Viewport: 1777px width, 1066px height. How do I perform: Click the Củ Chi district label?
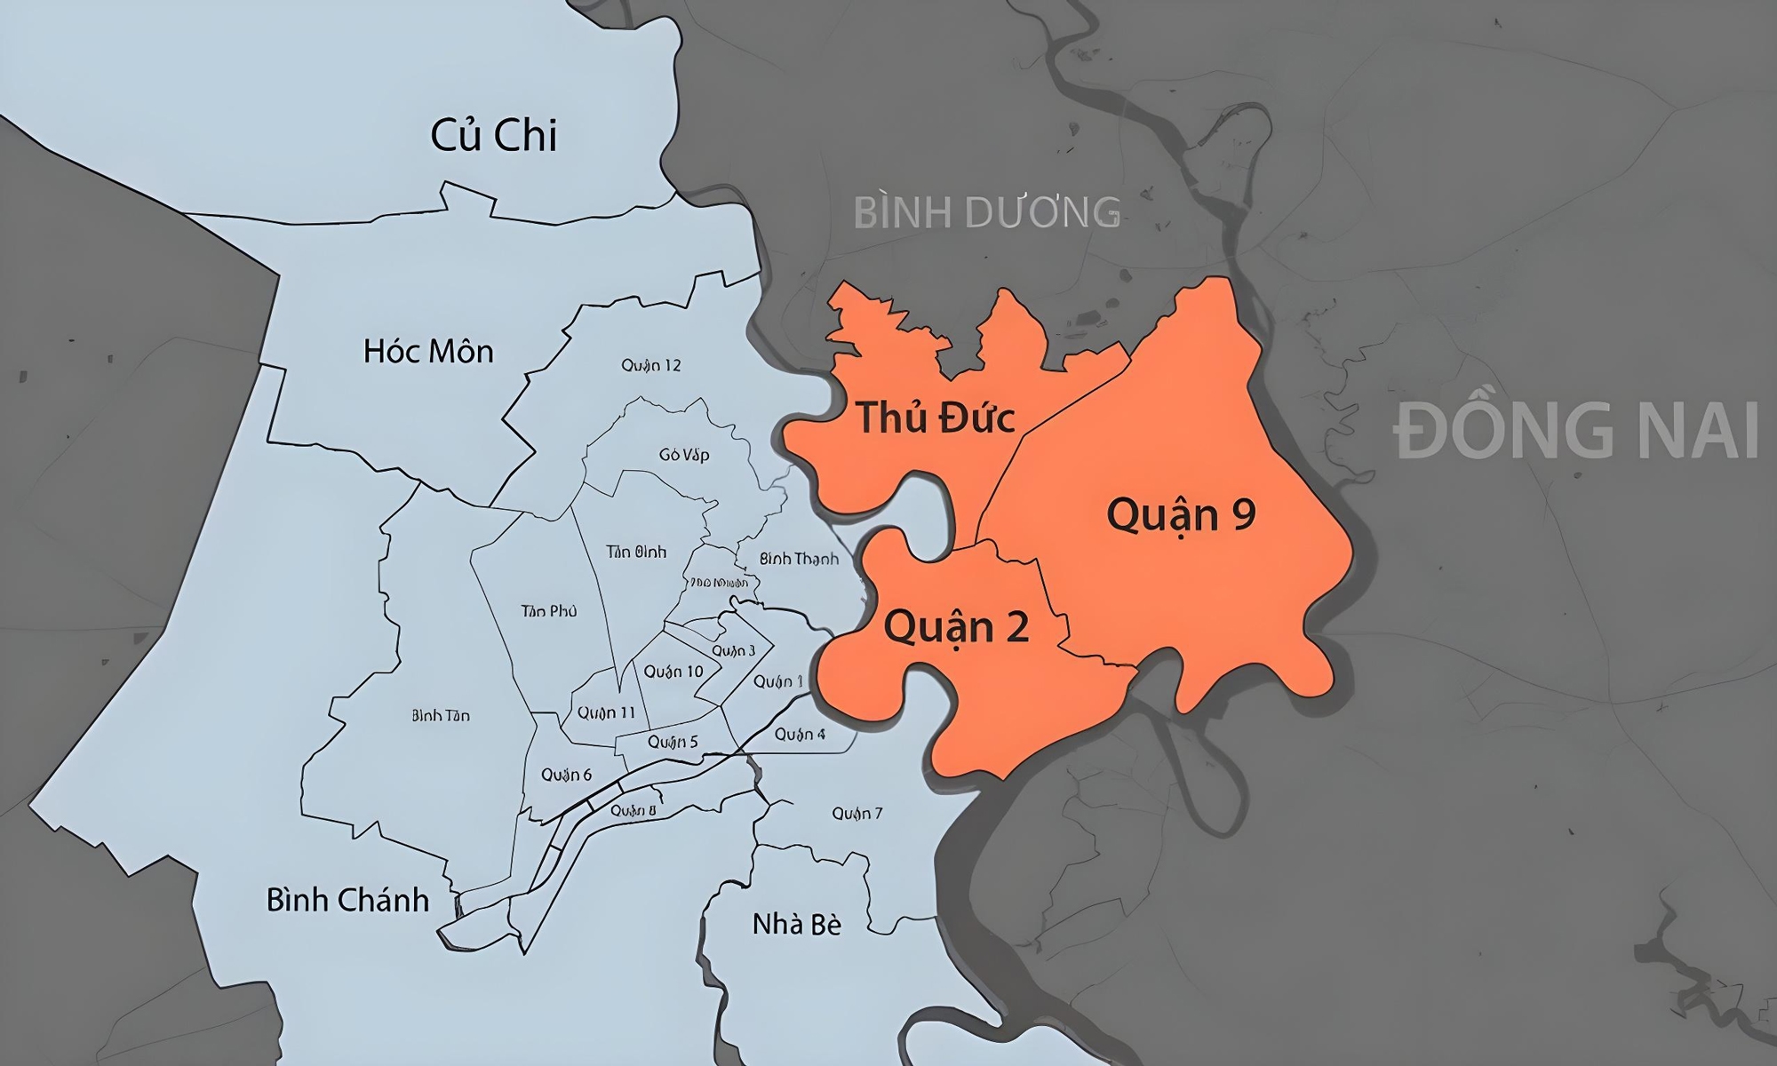[493, 136]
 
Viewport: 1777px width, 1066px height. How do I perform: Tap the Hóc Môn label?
[428, 352]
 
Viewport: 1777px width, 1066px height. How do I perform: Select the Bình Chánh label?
[347, 901]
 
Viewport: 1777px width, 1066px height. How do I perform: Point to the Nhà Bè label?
[796, 925]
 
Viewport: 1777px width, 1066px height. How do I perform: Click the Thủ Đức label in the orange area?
[935, 418]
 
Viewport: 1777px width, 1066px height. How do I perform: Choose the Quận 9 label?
[1181, 515]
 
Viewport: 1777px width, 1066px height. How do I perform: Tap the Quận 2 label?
[956, 627]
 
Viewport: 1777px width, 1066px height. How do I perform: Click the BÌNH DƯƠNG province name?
[986, 213]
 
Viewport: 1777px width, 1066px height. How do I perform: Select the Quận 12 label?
[651, 365]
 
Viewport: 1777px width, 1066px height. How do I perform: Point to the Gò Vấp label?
[684, 455]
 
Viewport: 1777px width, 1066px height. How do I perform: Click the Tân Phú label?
[549, 611]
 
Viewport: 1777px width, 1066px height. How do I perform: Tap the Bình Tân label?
[441, 715]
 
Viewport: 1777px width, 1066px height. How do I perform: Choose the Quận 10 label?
[673, 672]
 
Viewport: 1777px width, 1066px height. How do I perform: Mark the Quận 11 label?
[606, 712]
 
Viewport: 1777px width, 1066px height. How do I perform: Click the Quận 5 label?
[673, 742]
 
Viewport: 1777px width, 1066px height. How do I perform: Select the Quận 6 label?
[566, 775]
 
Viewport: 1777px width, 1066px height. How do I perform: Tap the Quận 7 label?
[857, 814]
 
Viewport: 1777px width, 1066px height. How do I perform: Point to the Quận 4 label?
[800, 734]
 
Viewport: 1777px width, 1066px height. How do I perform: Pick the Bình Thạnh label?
[799, 559]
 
